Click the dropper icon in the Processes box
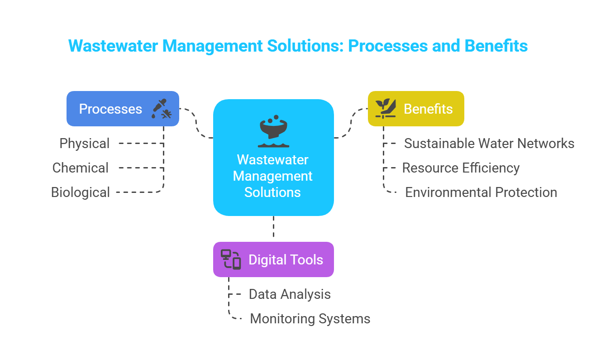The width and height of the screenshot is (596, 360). (x=162, y=109)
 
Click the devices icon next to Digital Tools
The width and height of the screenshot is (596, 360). (x=230, y=259)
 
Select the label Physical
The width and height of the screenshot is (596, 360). (x=85, y=144)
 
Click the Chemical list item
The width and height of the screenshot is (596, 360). (x=81, y=168)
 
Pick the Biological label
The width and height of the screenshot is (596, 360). (x=81, y=192)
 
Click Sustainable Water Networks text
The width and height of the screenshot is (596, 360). (x=489, y=144)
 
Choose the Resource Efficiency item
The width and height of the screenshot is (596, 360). (x=461, y=168)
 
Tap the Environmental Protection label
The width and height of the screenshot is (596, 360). (x=481, y=192)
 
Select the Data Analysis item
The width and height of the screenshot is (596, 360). (x=290, y=294)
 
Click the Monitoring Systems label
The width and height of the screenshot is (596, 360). (x=310, y=319)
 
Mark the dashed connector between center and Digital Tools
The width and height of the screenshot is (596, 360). (x=273, y=228)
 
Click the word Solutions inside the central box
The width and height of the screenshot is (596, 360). (x=272, y=192)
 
